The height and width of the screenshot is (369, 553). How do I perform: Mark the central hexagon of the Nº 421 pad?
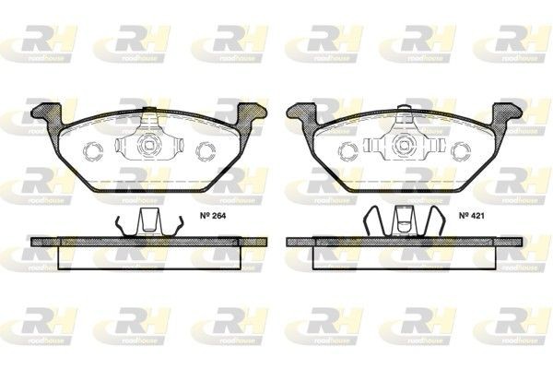coord(405,146)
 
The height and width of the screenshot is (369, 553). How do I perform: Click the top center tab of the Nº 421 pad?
coord(405,116)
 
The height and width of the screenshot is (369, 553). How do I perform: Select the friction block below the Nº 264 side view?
coord(148,257)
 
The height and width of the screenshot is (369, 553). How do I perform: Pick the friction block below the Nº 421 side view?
coord(405,257)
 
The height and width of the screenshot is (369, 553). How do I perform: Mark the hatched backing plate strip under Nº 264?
coord(148,241)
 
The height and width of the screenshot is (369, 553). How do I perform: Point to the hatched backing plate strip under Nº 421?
coord(405,241)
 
